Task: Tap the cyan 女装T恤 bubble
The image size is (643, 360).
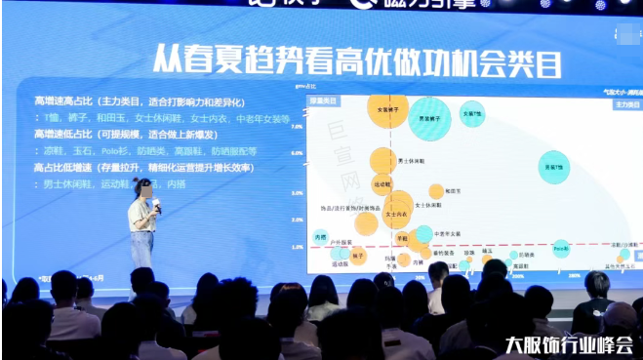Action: click(x=472, y=114)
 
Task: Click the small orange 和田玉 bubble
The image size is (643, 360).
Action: click(x=435, y=191)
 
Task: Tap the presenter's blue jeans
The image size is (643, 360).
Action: click(x=142, y=249)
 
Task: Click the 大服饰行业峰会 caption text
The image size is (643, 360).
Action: click(x=569, y=344)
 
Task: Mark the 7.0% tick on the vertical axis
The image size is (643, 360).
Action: click(x=297, y=126)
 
